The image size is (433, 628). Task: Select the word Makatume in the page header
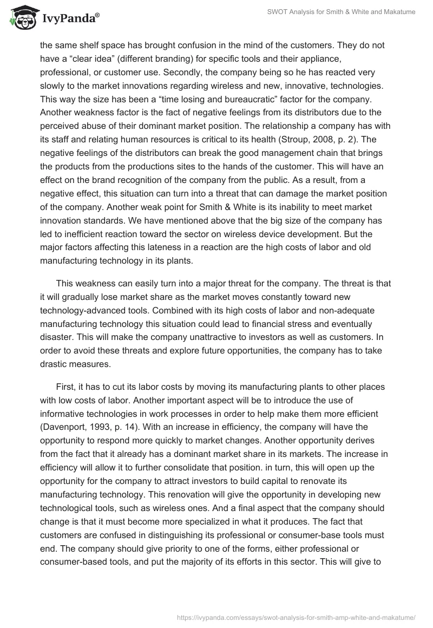click(x=398, y=12)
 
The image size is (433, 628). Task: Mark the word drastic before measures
click(x=55, y=364)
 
